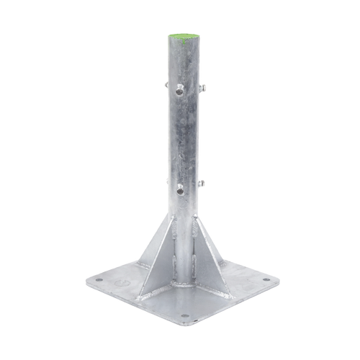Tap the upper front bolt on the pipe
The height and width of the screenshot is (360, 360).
(x=177, y=90)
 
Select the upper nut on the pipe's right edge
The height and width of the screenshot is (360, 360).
(x=204, y=88)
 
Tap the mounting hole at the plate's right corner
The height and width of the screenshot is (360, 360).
(x=266, y=274)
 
